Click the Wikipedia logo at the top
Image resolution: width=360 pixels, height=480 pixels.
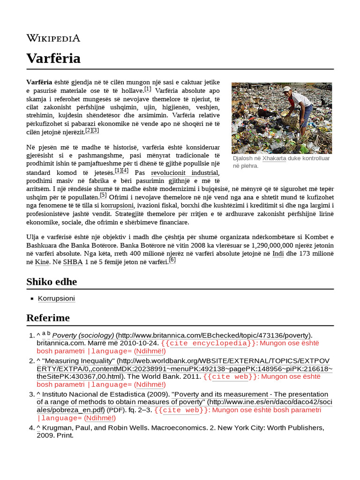53,38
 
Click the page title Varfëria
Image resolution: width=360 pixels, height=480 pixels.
53,59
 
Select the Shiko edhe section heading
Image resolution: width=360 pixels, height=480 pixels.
52,282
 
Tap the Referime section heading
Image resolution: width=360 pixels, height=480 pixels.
48,318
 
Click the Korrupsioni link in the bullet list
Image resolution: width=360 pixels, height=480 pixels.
56,299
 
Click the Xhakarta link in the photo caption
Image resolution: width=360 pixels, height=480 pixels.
274,158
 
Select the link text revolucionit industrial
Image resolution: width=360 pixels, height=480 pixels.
178,173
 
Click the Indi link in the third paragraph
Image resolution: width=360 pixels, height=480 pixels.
278,254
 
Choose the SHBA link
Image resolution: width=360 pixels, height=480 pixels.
73,262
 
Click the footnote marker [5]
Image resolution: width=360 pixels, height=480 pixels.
103,195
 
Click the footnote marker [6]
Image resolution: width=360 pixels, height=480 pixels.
172,260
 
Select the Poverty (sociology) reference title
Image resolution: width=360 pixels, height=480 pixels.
83,335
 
